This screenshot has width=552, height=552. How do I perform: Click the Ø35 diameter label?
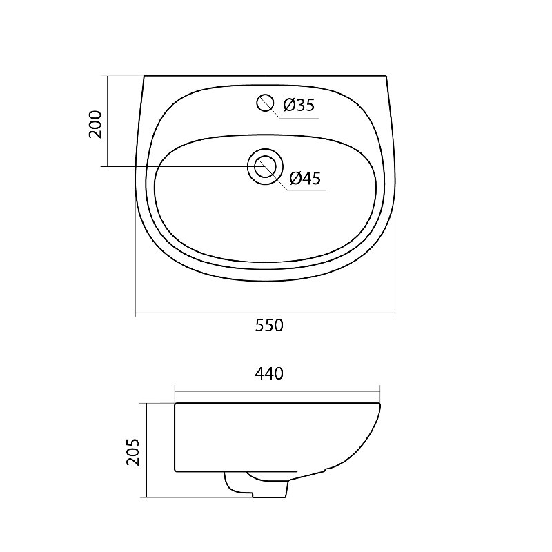point(299,105)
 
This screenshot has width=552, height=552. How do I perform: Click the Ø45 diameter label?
point(305,178)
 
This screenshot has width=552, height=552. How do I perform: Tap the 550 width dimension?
point(269,325)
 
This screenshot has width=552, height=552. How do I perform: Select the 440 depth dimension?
point(269,373)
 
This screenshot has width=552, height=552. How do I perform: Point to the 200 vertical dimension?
point(95,124)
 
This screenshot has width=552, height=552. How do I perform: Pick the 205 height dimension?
point(133,453)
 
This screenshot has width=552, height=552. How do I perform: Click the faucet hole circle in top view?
point(265,102)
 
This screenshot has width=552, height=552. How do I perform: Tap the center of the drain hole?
point(265,166)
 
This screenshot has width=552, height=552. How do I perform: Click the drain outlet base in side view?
point(270,495)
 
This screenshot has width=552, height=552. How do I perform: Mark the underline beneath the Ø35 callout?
point(299,118)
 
